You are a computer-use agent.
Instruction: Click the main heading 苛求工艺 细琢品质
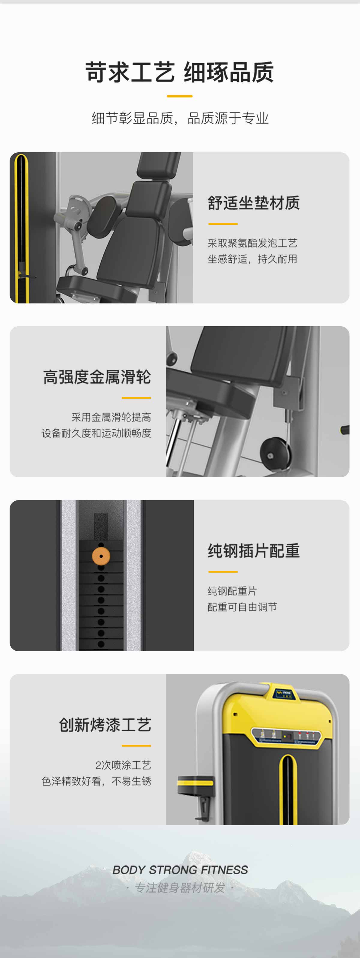[x=180, y=72]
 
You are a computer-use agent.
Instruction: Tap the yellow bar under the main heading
[x=180, y=96]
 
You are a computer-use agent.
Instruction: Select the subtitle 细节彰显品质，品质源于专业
[x=180, y=118]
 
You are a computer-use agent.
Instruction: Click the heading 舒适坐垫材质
[x=253, y=203]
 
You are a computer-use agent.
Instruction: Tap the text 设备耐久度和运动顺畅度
[x=96, y=433]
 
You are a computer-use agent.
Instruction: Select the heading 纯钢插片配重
[x=253, y=551]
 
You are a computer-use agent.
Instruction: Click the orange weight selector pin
[x=101, y=556]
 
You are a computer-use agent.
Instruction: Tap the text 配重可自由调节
[x=242, y=607]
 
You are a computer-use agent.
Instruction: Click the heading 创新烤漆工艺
[x=105, y=725]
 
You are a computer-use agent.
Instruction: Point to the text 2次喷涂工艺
[x=123, y=765]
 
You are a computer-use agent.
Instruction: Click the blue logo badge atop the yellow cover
[x=284, y=693]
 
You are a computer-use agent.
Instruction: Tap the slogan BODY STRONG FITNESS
[x=180, y=870]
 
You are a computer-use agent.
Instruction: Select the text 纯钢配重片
[x=232, y=591]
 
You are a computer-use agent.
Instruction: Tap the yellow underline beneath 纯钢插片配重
[x=223, y=572]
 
